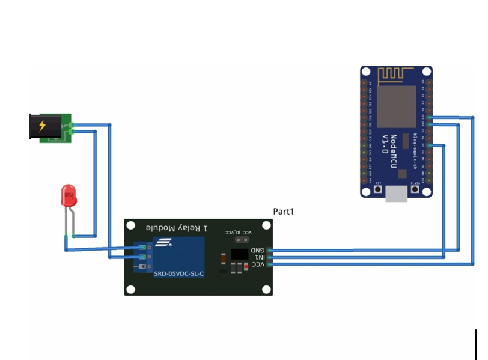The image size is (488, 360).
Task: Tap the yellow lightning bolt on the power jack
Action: pyautogui.click(x=42, y=126)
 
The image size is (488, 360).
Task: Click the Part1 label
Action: pyautogui.click(x=284, y=212)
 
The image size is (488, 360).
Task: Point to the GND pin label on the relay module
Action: pyautogui.click(x=258, y=250)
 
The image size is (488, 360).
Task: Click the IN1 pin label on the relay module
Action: pyautogui.click(x=258, y=257)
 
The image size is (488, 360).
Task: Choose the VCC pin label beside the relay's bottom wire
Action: pyautogui.click(x=258, y=264)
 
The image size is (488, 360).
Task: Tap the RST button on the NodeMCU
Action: pyautogui.click(x=378, y=189)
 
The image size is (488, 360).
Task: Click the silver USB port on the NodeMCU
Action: pyautogui.click(x=396, y=193)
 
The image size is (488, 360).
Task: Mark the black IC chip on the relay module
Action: pyautogui.click(x=240, y=254)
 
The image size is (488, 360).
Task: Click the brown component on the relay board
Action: pyautogui.click(x=224, y=259)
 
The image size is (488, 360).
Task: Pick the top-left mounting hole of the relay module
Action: pyautogui.click(x=130, y=225)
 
